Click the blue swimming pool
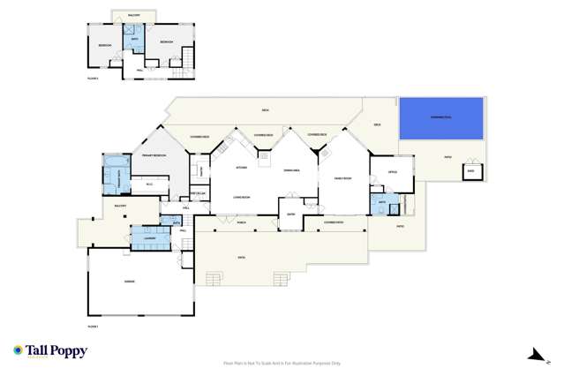pyautogui.click(x=441, y=117)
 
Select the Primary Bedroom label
pyautogui.click(x=155, y=155)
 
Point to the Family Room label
pyautogui.click(x=342, y=178)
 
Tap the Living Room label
pyautogui.click(x=243, y=199)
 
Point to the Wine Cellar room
pyautogui.click(x=199, y=193)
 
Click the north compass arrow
pyautogui.click(x=533, y=355)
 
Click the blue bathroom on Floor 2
pyautogui.click(x=136, y=41)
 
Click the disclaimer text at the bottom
pyautogui.click(x=282, y=363)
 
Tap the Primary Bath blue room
pyautogui.click(x=116, y=173)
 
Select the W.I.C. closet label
pyautogui.click(x=149, y=184)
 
